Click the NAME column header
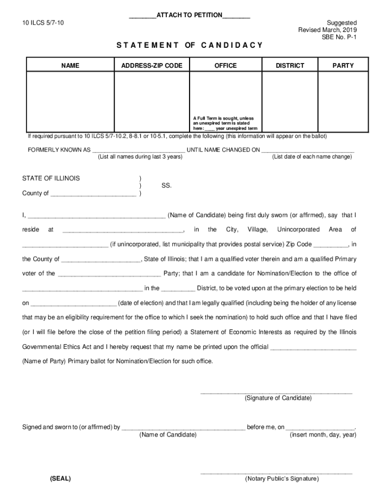point(70,65)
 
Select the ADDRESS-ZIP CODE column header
point(152,65)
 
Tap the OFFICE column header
point(225,65)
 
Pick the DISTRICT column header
point(290,65)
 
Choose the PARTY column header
point(343,65)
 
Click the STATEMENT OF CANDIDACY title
point(189,45)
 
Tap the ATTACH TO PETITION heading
point(189,15)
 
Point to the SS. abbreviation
point(166,186)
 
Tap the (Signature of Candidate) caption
point(278,398)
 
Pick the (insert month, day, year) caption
point(323,435)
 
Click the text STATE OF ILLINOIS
point(51,178)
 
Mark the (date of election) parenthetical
point(140,303)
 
